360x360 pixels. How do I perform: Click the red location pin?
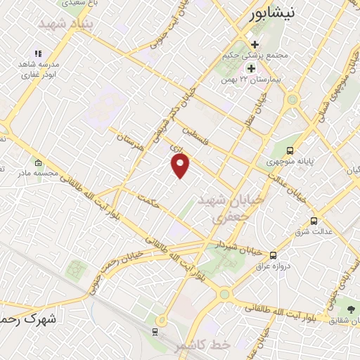coord(181,165)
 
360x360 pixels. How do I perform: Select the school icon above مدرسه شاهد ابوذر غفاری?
coord(38,53)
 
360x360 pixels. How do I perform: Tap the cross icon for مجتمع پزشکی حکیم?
coord(255,45)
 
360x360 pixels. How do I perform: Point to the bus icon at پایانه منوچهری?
coord(290,150)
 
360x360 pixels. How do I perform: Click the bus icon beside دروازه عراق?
coord(273,255)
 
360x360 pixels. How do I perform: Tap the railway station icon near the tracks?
coord(155,330)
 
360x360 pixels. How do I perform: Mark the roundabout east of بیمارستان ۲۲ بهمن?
coord(292,100)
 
